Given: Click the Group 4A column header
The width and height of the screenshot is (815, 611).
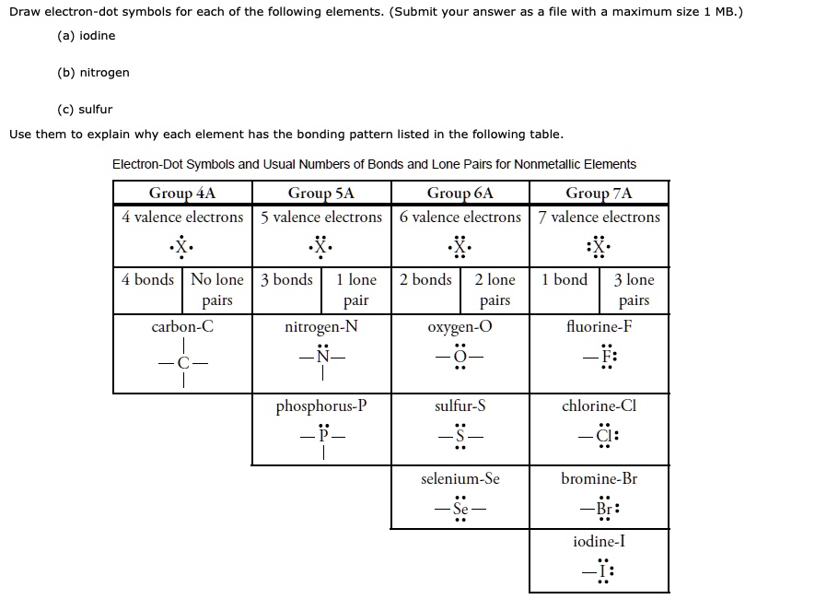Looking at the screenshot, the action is pos(182,193).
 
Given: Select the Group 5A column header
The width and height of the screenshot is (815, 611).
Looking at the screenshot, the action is pos(320,193).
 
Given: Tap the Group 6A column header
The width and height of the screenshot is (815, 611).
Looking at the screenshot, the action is pos(460,193).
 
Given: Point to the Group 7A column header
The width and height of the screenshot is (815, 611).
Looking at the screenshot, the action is pos(599,193).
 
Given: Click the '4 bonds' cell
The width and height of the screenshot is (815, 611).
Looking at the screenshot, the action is pos(147,279).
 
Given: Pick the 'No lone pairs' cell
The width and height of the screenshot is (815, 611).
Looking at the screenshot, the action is pos(217,289).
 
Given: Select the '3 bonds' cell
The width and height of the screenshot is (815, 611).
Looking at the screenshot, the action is pos(286,279).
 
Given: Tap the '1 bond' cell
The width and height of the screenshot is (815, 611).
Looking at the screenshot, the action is pos(565,279).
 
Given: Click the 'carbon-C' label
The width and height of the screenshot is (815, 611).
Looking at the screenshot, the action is pos(182,326).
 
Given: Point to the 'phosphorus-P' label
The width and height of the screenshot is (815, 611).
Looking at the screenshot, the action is pos(320,405).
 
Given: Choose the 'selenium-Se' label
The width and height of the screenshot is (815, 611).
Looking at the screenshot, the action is pos(460,478).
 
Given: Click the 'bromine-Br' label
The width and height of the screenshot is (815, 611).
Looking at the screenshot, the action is pos(599,478).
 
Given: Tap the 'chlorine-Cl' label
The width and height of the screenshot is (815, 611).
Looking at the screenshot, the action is pos(599,405).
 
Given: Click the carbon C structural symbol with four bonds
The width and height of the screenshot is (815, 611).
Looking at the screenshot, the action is pos(182,362).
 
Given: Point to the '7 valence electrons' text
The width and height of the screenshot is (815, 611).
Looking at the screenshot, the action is pos(599,217).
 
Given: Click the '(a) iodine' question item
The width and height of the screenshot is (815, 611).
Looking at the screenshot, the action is pos(87,35).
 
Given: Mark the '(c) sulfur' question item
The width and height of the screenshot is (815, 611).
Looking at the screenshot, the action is pos(85,109).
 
